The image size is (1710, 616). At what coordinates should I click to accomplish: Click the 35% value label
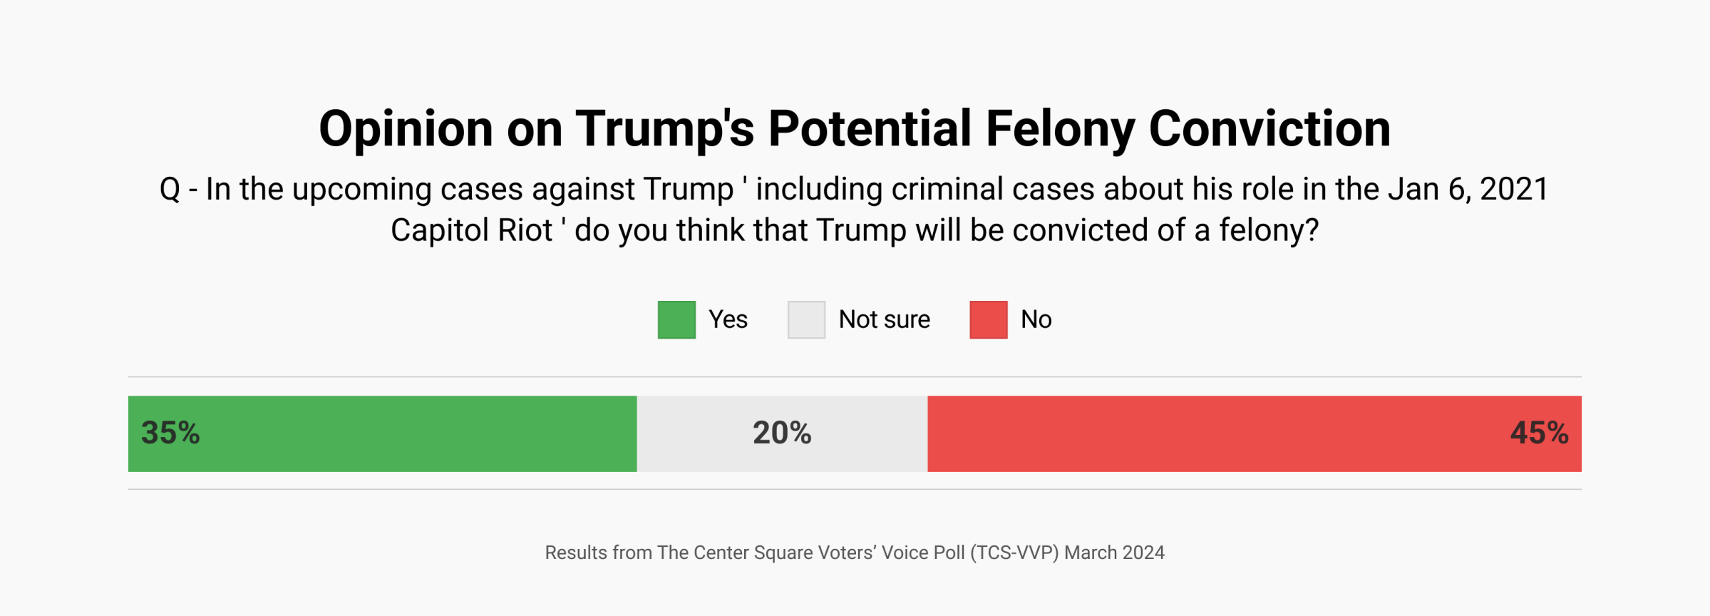tap(170, 433)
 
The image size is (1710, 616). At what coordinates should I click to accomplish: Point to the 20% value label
tap(782, 433)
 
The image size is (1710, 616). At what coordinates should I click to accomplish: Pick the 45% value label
tap(1539, 433)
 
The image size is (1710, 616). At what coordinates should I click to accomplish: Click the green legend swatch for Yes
tap(676, 319)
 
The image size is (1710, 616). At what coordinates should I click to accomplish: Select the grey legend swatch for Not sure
tap(806, 319)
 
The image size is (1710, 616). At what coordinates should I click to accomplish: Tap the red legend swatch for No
tap(988, 319)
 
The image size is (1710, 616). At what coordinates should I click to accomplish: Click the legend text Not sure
tap(884, 319)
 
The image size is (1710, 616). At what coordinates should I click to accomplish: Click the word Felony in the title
tap(1059, 130)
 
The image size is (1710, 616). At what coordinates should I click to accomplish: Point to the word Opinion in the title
tap(406, 130)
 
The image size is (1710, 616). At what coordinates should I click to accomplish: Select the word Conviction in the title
tap(1269, 130)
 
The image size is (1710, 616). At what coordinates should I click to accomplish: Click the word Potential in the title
tap(870, 130)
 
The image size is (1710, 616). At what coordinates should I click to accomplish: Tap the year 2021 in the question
tap(1514, 190)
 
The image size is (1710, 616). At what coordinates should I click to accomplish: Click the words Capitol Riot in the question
tap(471, 231)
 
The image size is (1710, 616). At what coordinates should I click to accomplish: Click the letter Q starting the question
tap(170, 190)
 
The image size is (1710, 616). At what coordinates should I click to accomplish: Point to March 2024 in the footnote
tap(1114, 553)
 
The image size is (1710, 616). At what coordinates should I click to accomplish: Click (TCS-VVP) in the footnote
tap(1014, 553)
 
